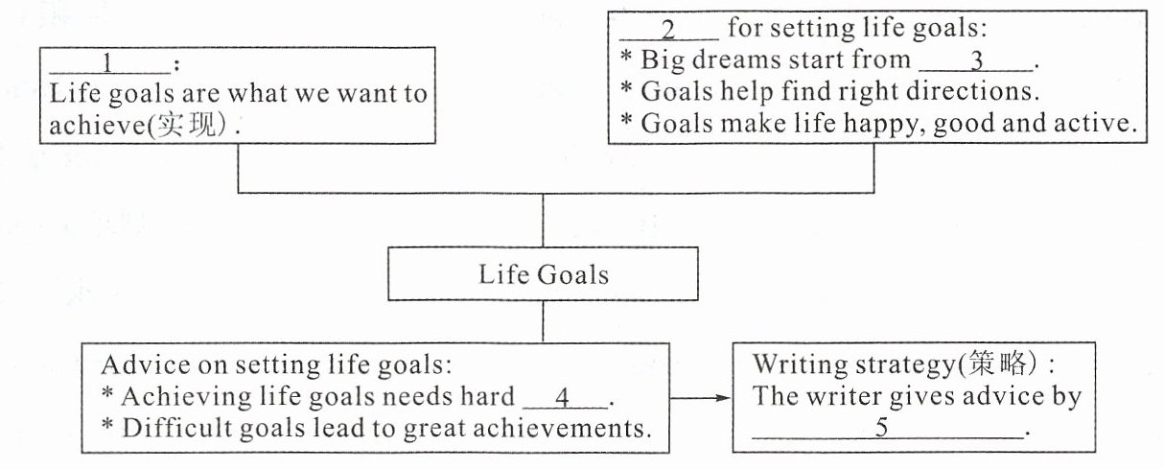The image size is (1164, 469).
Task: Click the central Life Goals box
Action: point(543,275)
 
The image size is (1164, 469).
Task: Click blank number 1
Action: point(108,65)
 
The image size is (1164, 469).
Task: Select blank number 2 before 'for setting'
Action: point(669,31)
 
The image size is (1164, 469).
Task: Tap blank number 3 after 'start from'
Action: point(976,61)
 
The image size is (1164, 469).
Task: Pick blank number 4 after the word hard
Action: point(567,396)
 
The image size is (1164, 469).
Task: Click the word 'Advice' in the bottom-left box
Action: point(140,365)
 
